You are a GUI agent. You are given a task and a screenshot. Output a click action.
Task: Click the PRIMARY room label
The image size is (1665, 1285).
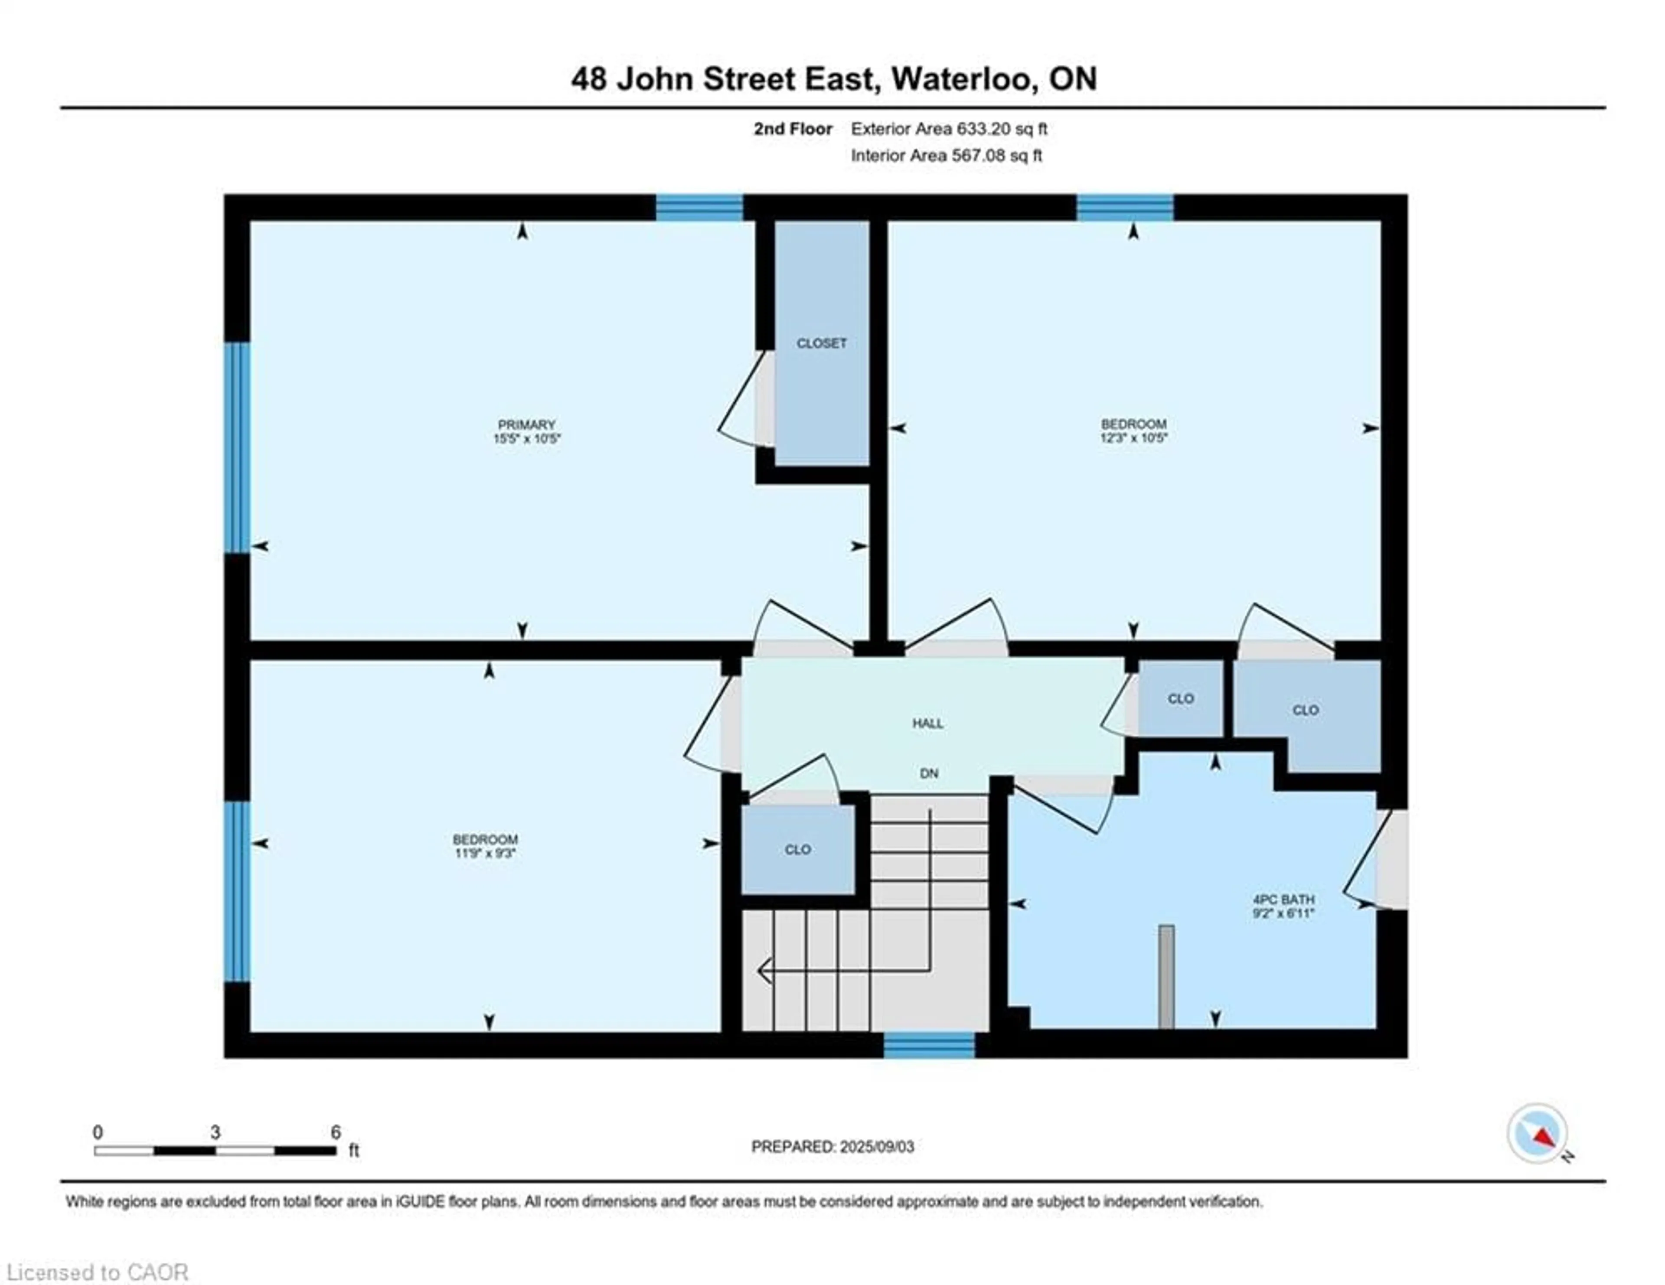(527, 424)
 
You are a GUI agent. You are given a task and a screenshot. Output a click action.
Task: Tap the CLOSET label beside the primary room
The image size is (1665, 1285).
(822, 344)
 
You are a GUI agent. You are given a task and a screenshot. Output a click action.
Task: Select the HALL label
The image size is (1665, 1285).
(928, 723)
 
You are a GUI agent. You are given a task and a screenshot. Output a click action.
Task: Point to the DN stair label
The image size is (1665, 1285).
(929, 773)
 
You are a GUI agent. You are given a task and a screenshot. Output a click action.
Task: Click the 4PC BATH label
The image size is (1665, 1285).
(1284, 900)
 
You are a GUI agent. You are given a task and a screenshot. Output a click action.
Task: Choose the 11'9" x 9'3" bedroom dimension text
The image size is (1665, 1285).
(486, 854)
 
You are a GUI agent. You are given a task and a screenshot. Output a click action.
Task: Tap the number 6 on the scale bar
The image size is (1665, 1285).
(336, 1132)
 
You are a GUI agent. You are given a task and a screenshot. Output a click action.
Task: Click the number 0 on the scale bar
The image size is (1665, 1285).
(98, 1132)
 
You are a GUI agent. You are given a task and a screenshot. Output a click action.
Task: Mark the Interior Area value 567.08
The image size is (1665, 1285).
(973, 156)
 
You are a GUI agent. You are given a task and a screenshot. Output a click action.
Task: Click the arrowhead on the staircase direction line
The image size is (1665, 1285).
(764, 972)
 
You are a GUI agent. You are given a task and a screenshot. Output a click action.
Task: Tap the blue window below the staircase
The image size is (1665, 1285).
(929, 1045)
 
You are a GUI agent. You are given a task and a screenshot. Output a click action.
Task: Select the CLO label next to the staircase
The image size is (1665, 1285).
(797, 850)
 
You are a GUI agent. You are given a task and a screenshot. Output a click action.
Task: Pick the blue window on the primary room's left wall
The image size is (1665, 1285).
(237, 447)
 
